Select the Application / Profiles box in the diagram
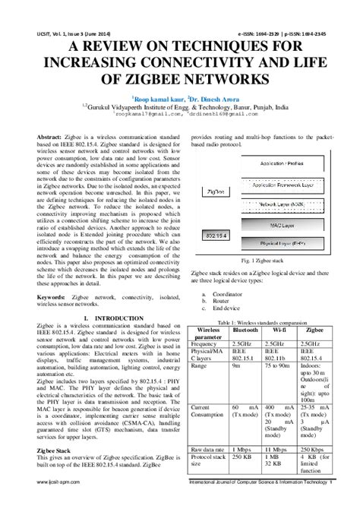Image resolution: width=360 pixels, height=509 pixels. tap(272, 163)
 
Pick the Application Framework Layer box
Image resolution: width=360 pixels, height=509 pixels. tap(272, 185)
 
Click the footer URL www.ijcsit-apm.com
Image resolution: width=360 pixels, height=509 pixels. tap(52, 503)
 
